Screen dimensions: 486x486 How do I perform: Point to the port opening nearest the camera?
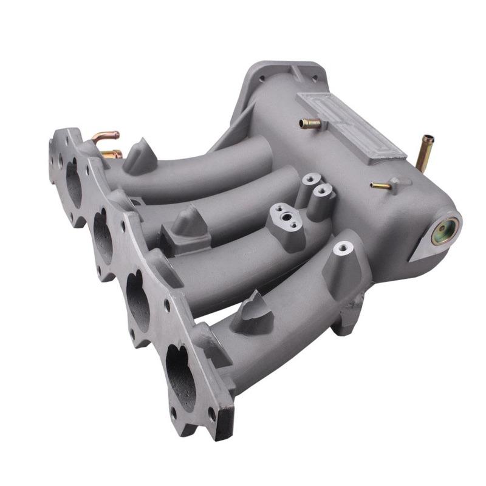[x=180, y=370]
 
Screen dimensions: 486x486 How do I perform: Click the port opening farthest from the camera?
[x=74, y=183]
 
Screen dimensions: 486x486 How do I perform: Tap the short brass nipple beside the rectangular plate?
[x=310, y=124]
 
